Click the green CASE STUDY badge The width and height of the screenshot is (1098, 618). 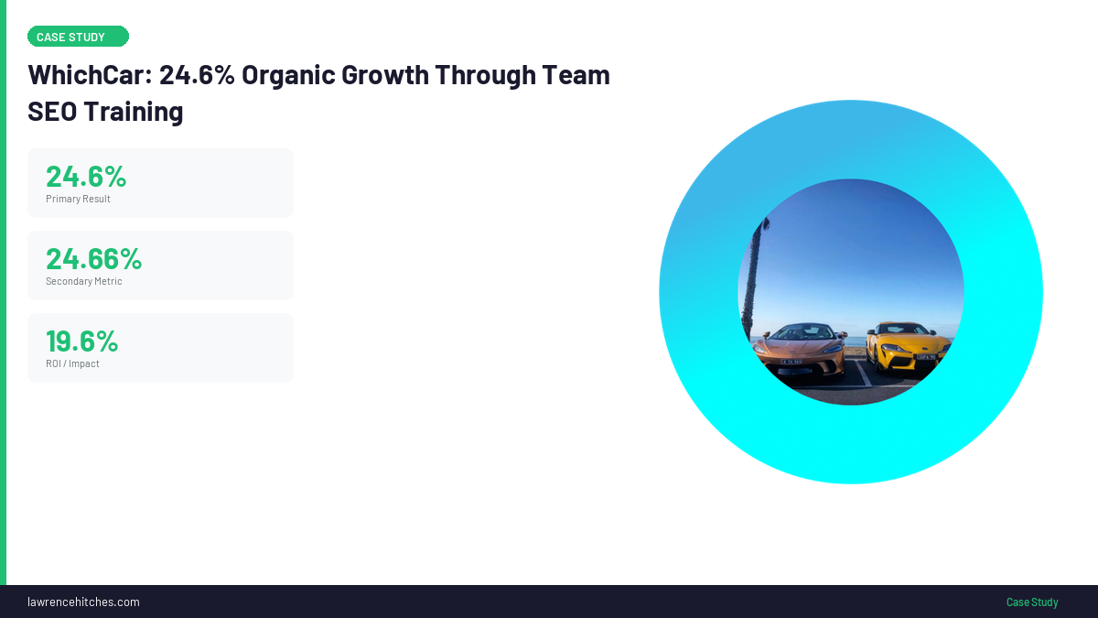click(x=78, y=37)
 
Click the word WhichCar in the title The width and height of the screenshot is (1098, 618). click(x=86, y=75)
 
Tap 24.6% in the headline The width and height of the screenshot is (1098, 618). click(x=197, y=75)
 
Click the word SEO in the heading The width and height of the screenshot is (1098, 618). click(x=52, y=112)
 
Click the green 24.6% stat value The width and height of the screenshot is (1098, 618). click(x=86, y=176)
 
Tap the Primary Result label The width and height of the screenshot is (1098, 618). click(x=78, y=199)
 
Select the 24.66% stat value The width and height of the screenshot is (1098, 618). click(x=93, y=258)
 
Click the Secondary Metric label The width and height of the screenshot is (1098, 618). click(x=83, y=281)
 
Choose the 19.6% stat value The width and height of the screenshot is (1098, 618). click(x=81, y=341)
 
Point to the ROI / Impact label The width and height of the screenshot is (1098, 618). click(x=72, y=363)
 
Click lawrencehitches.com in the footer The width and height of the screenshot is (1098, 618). click(x=83, y=602)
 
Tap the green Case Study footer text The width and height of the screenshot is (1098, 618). click(x=1032, y=602)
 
